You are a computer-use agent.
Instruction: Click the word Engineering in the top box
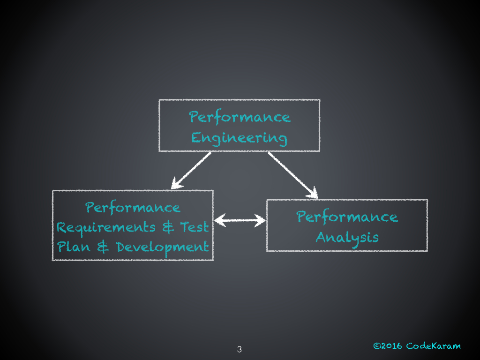(x=239, y=138)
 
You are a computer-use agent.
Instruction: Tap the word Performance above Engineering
(x=240, y=117)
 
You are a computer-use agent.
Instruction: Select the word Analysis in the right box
(x=347, y=237)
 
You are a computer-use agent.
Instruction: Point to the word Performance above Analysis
(x=347, y=217)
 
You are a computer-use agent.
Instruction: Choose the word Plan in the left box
(x=74, y=247)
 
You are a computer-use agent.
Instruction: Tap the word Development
(x=162, y=247)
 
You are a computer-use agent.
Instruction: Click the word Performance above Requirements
(x=133, y=208)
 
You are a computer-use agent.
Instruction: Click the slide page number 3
(x=240, y=349)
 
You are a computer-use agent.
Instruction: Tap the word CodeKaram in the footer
(x=433, y=346)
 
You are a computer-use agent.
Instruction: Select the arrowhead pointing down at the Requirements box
(x=176, y=184)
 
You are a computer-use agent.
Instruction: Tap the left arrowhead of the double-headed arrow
(x=219, y=219)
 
